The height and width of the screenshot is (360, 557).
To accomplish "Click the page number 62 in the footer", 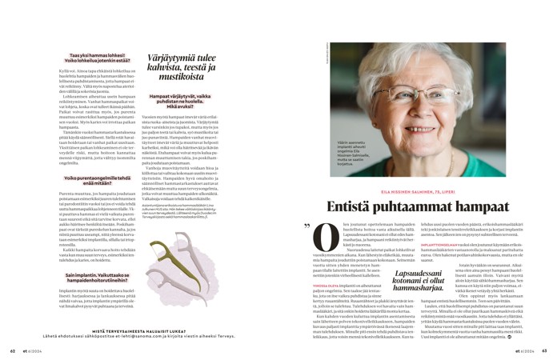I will click(x=13, y=350).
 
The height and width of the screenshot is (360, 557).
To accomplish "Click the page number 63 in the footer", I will click(x=543, y=350).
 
